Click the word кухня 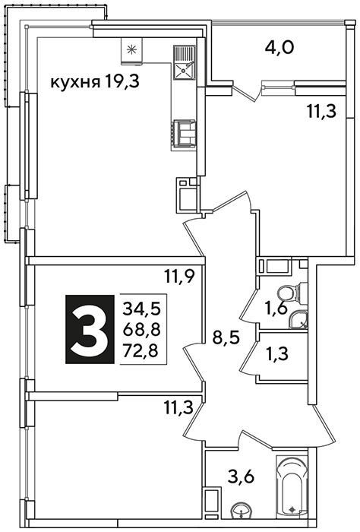coord(75,83)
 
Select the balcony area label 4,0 coord(279,48)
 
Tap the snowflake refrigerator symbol coord(131,50)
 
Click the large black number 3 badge coord(90,329)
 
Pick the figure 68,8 coord(141,329)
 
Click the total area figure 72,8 coord(141,350)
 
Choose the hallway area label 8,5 coord(226,338)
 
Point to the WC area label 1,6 coord(276,308)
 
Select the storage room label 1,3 coord(277,354)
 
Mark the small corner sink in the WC coord(298,320)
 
